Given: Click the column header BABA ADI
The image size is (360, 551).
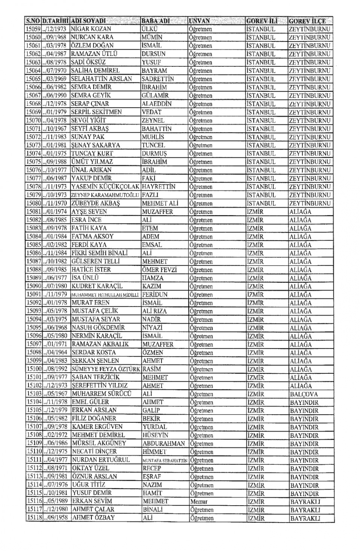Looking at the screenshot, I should [x=156, y=21].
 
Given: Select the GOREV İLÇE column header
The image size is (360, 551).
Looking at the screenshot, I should [x=307, y=21].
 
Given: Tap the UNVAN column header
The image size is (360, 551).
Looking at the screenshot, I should [x=199, y=21].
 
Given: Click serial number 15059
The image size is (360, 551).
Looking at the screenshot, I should [x=33, y=29].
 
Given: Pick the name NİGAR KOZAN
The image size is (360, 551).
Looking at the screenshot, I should [x=91, y=29].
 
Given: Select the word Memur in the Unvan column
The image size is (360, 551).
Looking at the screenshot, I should [x=199, y=502].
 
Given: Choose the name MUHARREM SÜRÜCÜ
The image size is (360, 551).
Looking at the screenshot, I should [x=102, y=394].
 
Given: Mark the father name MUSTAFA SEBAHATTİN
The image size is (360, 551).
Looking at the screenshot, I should [x=165, y=460].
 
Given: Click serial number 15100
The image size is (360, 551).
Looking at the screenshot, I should [x=34, y=369].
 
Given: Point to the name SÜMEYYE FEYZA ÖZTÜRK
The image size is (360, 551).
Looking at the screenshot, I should [x=106, y=369].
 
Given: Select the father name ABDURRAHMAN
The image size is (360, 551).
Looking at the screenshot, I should [x=164, y=443].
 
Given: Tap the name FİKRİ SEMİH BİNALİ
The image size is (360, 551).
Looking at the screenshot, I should [x=100, y=253].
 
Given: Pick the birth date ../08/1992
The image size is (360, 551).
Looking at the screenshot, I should [x=55, y=369].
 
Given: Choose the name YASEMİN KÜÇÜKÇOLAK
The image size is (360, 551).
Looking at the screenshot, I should [x=105, y=187].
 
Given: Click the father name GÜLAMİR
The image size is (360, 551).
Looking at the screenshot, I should [x=155, y=96].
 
